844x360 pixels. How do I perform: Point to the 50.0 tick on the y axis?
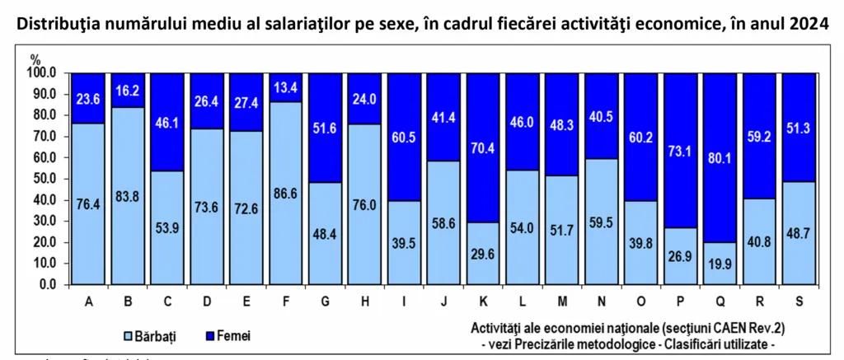coord(43,179)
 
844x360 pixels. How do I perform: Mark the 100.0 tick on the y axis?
coord(40,72)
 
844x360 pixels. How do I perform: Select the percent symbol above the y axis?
coord(35,58)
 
